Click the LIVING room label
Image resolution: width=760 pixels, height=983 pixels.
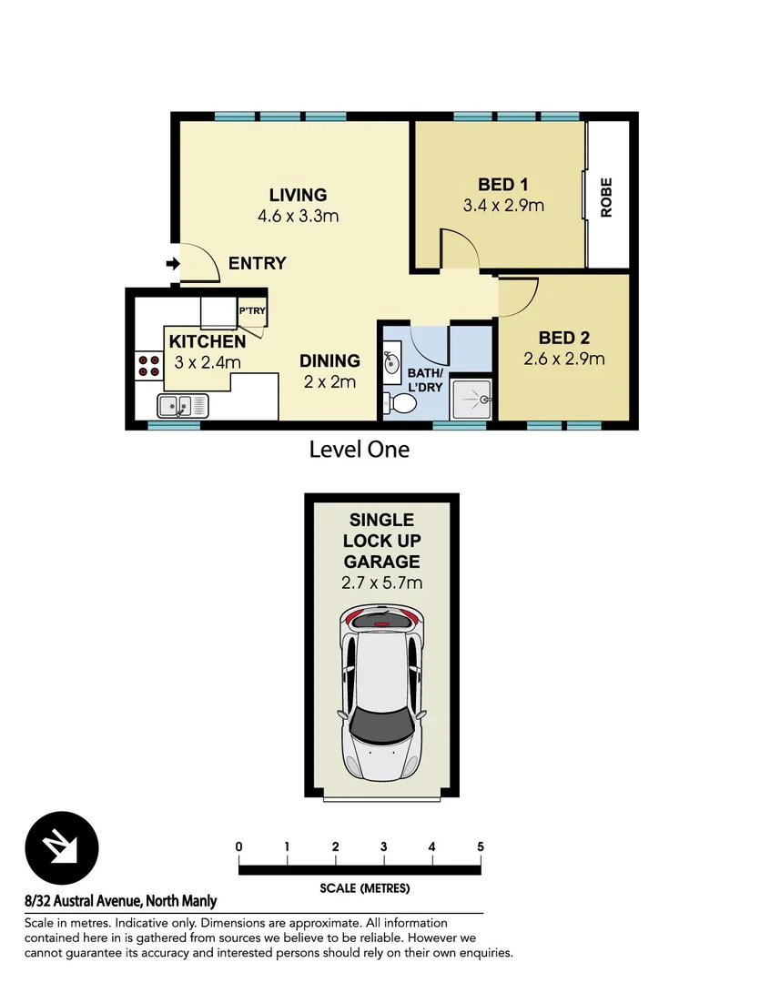(x=298, y=195)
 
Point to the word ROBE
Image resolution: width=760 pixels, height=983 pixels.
(x=606, y=197)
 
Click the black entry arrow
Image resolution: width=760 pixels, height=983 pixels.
(x=172, y=264)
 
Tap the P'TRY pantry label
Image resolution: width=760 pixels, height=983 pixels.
(x=251, y=311)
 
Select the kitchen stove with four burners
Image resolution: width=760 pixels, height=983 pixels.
(x=147, y=366)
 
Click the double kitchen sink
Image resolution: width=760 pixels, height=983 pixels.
(x=182, y=405)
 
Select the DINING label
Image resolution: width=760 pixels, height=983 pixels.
(x=329, y=361)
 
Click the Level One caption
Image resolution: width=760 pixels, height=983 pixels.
(x=360, y=449)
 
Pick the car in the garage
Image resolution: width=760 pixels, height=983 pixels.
(x=381, y=692)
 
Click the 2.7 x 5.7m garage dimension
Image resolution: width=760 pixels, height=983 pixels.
(x=381, y=583)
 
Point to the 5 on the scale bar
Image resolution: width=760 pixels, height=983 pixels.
(x=480, y=846)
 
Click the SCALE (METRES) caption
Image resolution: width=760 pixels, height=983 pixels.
(x=364, y=888)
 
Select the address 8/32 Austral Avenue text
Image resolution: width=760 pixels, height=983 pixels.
(x=121, y=902)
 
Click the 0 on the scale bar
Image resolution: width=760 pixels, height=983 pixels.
(x=238, y=846)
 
